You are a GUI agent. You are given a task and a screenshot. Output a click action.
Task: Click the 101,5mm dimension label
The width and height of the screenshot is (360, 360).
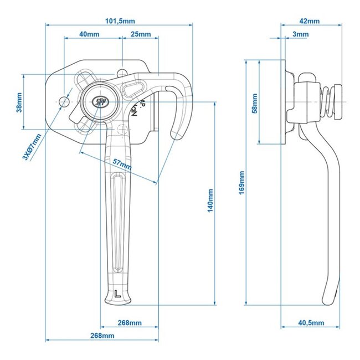[119, 20]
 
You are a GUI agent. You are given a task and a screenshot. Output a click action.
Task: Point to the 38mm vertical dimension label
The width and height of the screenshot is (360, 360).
[19, 101]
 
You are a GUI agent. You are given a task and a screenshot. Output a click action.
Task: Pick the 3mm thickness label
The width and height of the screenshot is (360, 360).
[300, 34]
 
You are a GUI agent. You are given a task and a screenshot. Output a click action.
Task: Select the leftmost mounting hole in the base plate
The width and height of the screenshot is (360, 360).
[64, 102]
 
